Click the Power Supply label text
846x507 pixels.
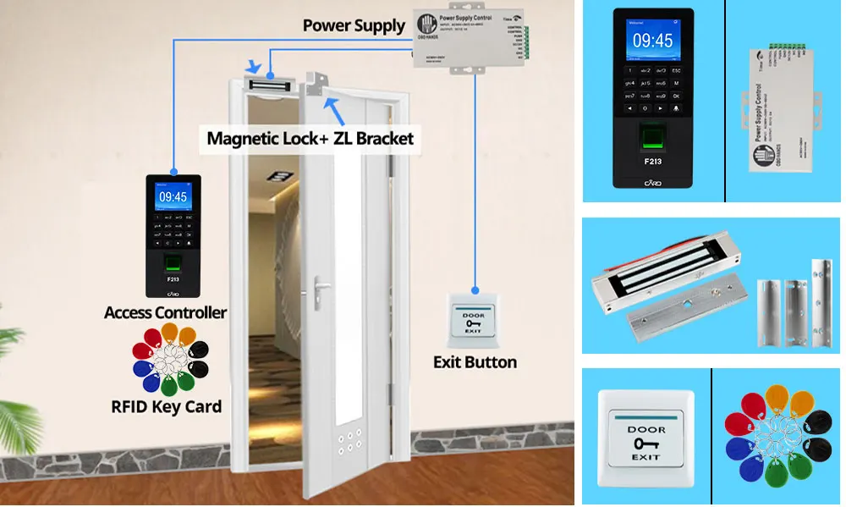point(354,25)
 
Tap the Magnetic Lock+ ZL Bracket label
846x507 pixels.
point(310,138)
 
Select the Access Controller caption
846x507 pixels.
point(165,312)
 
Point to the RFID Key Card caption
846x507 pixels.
point(166,406)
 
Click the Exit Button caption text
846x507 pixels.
point(475,362)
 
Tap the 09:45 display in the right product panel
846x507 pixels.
point(652,41)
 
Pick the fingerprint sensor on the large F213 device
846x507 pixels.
point(652,135)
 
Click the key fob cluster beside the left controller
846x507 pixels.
point(173,360)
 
